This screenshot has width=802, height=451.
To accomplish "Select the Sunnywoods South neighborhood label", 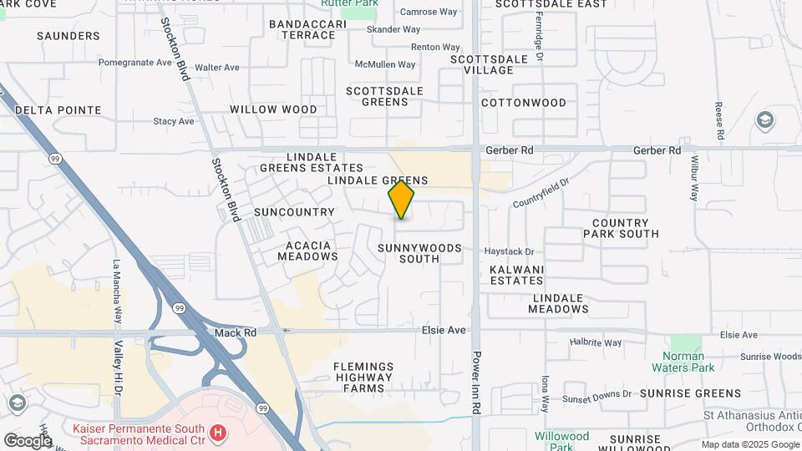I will (x=419, y=253).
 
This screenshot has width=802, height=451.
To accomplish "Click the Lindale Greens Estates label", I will (x=312, y=162).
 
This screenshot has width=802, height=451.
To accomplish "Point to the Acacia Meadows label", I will (x=308, y=251).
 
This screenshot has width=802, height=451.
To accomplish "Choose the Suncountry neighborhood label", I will (x=294, y=212).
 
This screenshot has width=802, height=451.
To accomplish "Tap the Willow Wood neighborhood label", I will (x=273, y=109).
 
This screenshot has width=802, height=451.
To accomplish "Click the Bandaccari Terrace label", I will (x=307, y=29).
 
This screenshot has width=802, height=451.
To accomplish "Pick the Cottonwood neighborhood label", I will (x=524, y=103).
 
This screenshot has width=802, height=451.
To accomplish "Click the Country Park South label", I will (x=620, y=228).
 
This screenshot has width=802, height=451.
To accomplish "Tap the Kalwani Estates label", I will (x=516, y=275).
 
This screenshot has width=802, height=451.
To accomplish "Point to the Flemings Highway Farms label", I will (x=363, y=377).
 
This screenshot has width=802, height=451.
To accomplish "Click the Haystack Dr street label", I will (x=509, y=251).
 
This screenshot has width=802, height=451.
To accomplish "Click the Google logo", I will (x=28, y=439).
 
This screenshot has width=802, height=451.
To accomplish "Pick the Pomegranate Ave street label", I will (x=135, y=62).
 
